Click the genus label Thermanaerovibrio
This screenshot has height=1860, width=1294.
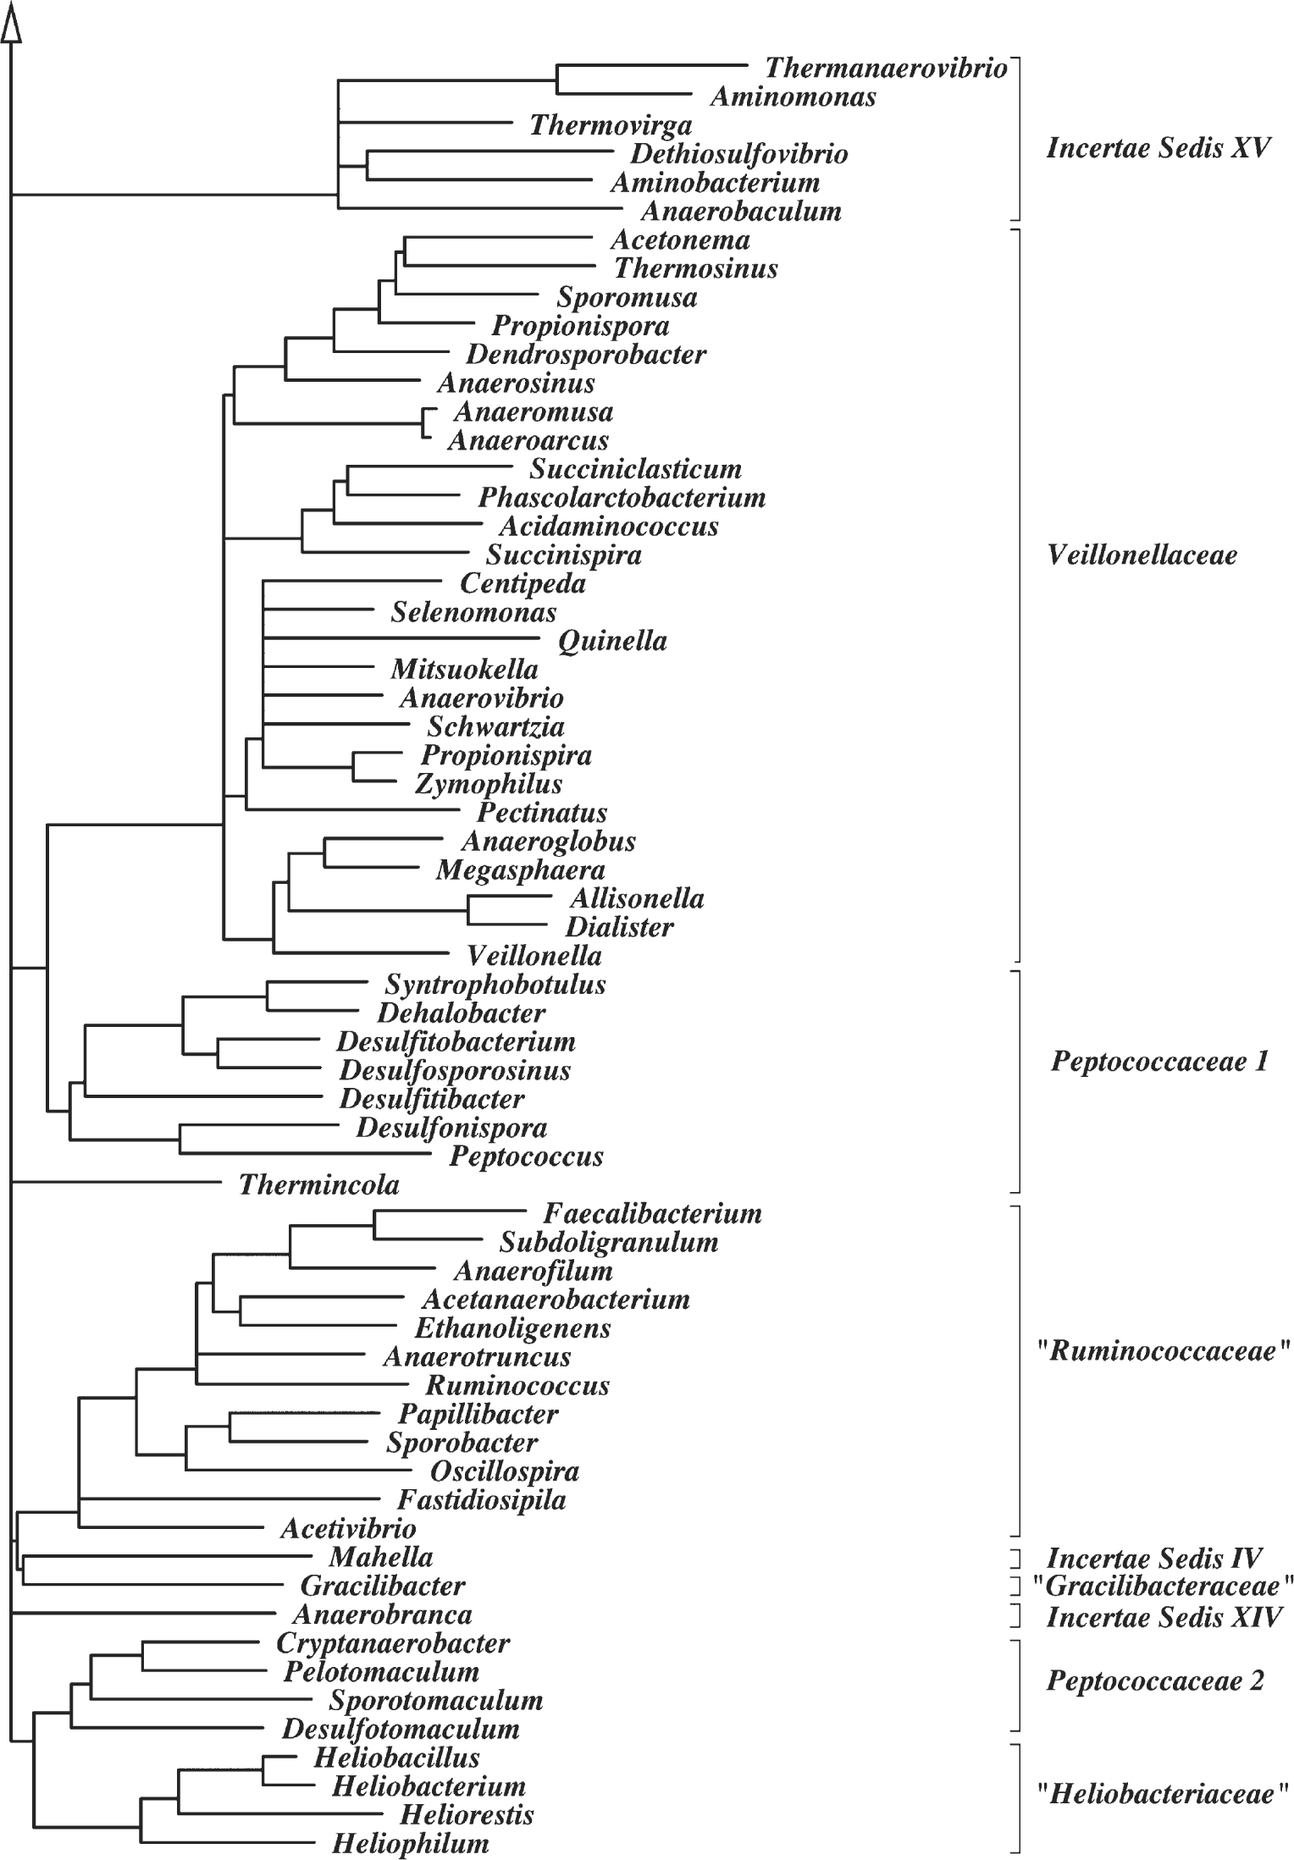pyautogui.click(x=885, y=68)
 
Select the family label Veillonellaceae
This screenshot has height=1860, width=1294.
pyautogui.click(x=1142, y=555)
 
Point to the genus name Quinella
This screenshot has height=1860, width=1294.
pyautogui.click(x=612, y=641)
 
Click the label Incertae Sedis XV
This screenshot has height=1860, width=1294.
pyautogui.click(x=1159, y=149)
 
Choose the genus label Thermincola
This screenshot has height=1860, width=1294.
pyautogui.click(x=318, y=1184)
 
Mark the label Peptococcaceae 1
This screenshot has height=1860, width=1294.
pyautogui.click(x=1159, y=1062)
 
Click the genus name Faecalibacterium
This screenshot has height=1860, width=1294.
pyautogui.click(x=652, y=1214)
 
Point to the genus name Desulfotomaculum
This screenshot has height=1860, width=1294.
pyautogui.click(x=401, y=1728)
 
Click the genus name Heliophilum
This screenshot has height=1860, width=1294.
pyautogui.click(x=410, y=1844)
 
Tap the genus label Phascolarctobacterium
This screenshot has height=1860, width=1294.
pyautogui.click(x=622, y=497)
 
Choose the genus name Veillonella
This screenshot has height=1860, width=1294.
pyautogui.click(x=534, y=957)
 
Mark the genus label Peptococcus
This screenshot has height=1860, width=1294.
pyautogui.click(x=526, y=1156)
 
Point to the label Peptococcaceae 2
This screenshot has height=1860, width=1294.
pyautogui.click(x=1155, y=1681)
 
